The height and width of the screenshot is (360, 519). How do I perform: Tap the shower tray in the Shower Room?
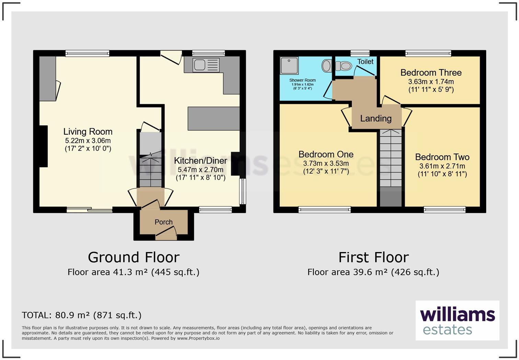(x=289, y=66)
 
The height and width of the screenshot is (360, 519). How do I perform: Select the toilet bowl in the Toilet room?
(x=344, y=66)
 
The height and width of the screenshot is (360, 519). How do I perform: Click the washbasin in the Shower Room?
(x=326, y=66)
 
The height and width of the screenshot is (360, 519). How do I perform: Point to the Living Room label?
(x=88, y=132)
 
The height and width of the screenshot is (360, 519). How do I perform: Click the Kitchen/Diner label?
(x=200, y=161)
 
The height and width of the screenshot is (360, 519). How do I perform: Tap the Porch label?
(x=163, y=222)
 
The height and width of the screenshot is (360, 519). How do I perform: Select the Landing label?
(x=376, y=119)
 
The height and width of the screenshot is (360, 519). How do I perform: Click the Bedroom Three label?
(x=431, y=73)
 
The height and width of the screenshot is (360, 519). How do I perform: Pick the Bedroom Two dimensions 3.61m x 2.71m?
(x=442, y=166)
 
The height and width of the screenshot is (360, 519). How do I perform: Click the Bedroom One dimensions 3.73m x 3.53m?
(x=326, y=164)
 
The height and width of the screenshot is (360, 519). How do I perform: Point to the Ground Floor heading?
(x=134, y=257)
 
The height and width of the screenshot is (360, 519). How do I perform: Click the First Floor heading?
(x=373, y=257)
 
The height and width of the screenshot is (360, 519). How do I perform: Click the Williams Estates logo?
(x=457, y=320)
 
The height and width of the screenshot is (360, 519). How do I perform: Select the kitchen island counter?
(x=214, y=119)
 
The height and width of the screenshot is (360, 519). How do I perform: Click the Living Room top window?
(x=87, y=53)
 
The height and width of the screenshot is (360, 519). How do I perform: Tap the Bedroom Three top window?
(x=428, y=53)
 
